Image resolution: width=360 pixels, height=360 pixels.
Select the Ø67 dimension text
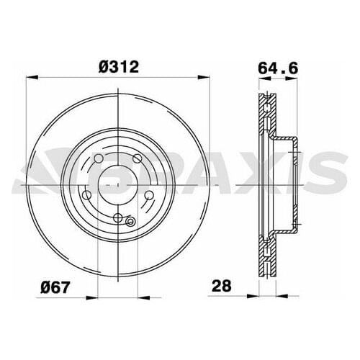pyautogui.click(x=55, y=287)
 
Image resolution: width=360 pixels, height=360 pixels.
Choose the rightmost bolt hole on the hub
pyautogui.click(x=149, y=196)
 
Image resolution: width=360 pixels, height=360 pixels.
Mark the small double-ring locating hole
pyautogui.click(x=130, y=222)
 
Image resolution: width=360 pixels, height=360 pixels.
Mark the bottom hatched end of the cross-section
pyautogui.click(x=265, y=261)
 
